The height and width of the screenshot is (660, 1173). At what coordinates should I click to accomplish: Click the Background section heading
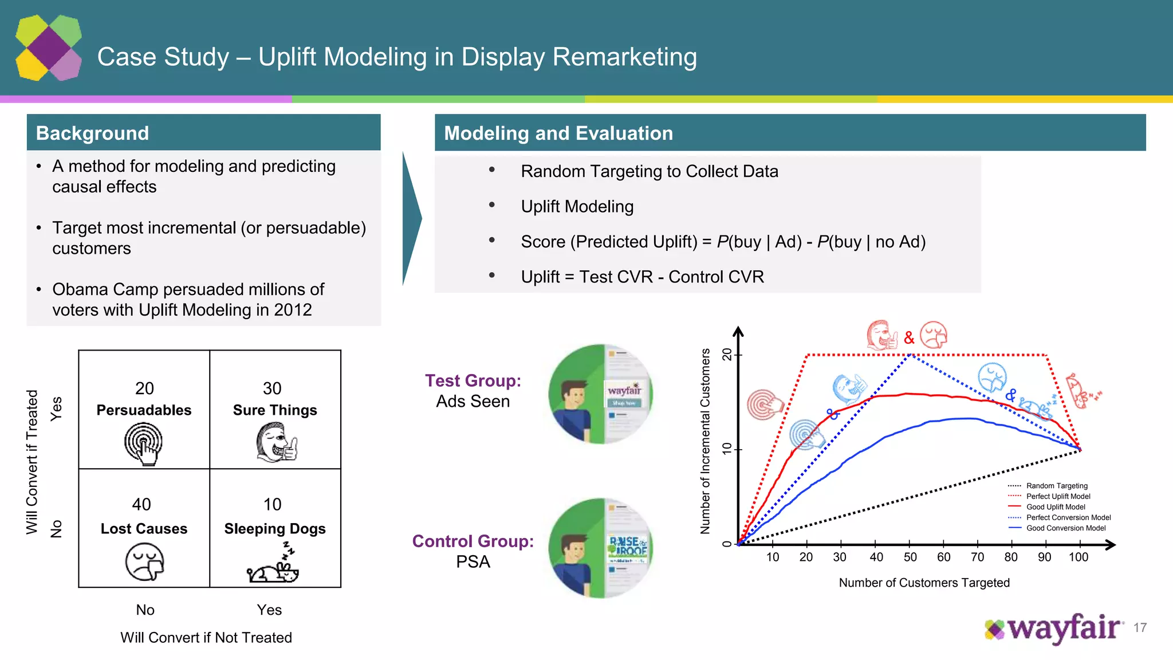pyautogui.click(x=92, y=133)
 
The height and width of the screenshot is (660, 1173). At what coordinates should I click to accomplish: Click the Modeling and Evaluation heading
pyautogui.click(x=558, y=133)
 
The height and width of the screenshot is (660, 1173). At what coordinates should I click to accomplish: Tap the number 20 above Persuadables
pyautogui.click(x=144, y=388)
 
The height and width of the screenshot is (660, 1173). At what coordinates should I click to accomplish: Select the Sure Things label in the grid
pyautogui.click(x=275, y=410)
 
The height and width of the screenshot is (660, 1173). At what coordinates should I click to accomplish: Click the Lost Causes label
pyautogui.click(x=144, y=529)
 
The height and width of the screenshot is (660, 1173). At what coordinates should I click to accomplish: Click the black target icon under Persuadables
pyautogui.click(x=143, y=443)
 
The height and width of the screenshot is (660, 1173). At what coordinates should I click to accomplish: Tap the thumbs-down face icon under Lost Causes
pyautogui.click(x=144, y=562)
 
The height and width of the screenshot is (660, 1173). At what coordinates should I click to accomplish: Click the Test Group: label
pyautogui.click(x=473, y=381)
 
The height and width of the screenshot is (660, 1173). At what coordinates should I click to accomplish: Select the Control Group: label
pyautogui.click(x=473, y=541)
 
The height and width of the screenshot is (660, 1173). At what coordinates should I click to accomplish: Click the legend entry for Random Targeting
pyautogui.click(x=1056, y=486)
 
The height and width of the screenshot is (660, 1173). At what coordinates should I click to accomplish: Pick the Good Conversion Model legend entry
pyautogui.click(x=1065, y=528)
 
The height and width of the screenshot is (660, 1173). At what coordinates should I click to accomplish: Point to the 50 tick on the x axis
pyautogui.click(x=910, y=557)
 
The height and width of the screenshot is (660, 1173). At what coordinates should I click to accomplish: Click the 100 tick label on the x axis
pyautogui.click(x=1078, y=557)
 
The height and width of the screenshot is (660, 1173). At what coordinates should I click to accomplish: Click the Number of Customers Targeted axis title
pyautogui.click(x=924, y=583)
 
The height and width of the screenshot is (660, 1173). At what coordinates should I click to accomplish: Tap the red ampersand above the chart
pyautogui.click(x=909, y=338)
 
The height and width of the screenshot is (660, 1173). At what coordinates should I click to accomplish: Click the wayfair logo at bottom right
pyautogui.click(x=1053, y=628)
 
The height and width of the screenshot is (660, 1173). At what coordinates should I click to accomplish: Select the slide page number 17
pyautogui.click(x=1140, y=628)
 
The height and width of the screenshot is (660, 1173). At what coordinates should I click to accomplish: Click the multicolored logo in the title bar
pyautogui.click(x=49, y=48)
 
